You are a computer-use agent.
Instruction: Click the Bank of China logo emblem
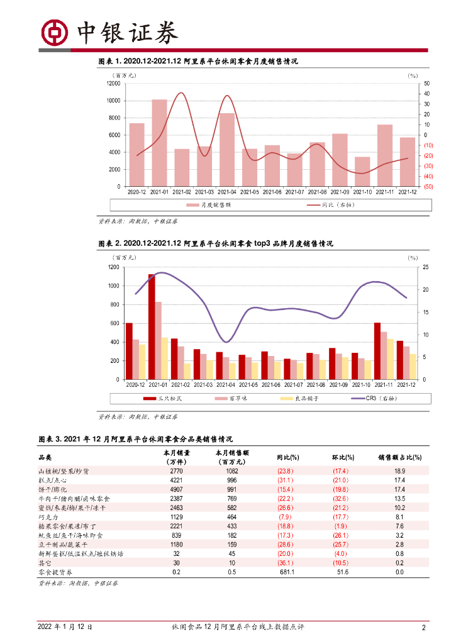(x=55, y=33)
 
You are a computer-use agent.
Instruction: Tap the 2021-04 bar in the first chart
(x=227, y=150)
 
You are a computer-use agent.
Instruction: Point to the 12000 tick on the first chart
(x=113, y=83)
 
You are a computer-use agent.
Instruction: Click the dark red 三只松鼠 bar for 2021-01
(x=152, y=326)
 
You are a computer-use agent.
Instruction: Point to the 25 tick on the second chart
(x=426, y=267)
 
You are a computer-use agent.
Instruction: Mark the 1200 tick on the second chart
(x=113, y=267)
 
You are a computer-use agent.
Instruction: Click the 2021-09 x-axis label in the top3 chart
(x=338, y=384)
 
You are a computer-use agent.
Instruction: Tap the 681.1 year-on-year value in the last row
(x=289, y=572)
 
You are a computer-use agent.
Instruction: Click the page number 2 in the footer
(x=424, y=627)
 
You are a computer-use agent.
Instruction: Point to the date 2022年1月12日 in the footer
(x=65, y=627)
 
